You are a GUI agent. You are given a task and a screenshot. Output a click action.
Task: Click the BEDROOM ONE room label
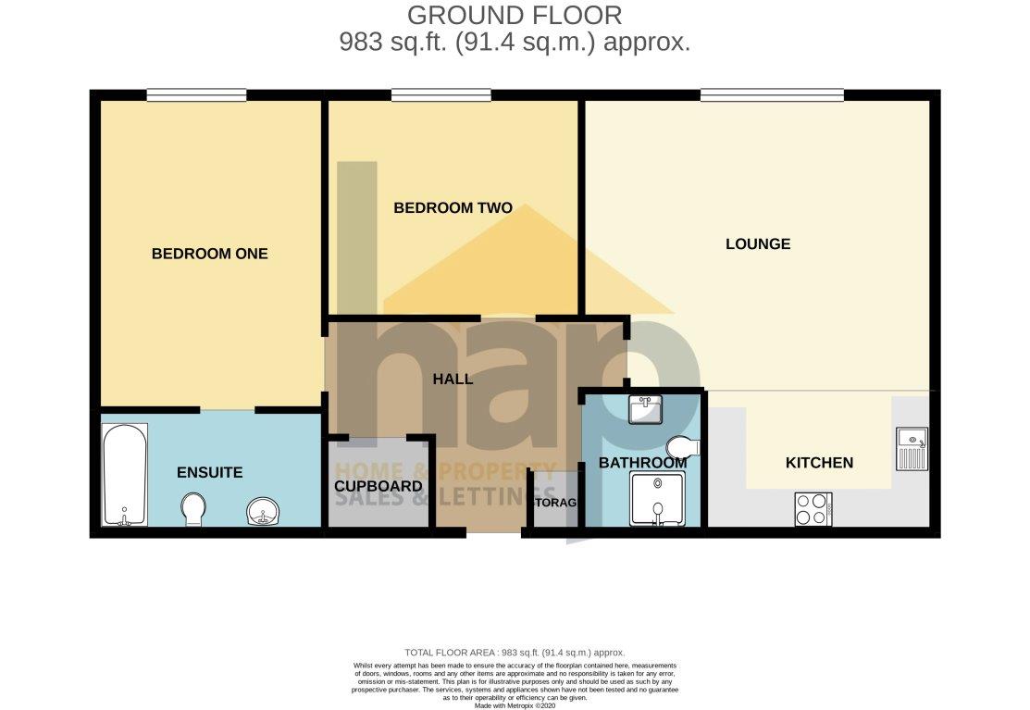pos(209,254)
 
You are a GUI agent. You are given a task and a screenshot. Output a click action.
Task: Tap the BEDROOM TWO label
pos(453,208)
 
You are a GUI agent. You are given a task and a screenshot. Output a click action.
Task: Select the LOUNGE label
pos(758,244)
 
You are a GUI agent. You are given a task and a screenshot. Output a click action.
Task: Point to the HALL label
pos(453,379)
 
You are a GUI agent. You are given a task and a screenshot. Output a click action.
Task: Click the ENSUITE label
pos(209,472)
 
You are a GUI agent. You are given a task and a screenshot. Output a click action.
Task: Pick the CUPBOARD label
pos(378,486)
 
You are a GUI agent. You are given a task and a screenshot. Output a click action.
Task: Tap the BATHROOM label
pos(642,462)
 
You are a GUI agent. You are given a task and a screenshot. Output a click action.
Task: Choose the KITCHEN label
pos(819,463)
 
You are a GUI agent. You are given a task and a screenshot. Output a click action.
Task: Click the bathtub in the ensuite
pos(124,475)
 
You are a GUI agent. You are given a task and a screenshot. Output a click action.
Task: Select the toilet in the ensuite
pos(194,508)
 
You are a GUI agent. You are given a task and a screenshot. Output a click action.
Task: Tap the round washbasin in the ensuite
pos(264,510)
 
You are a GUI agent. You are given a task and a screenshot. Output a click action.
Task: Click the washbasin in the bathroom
pos(645,408)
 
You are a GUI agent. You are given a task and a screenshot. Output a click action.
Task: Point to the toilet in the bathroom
pos(683,446)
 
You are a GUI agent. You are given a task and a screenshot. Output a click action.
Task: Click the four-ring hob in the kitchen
pos(813,509)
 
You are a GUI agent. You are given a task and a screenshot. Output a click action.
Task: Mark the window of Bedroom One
pos(196,93)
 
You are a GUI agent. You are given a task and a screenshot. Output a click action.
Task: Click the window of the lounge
pos(772,93)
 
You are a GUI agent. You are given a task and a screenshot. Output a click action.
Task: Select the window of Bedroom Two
pos(441,93)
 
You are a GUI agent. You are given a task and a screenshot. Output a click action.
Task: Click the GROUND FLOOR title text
pos(515,16)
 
